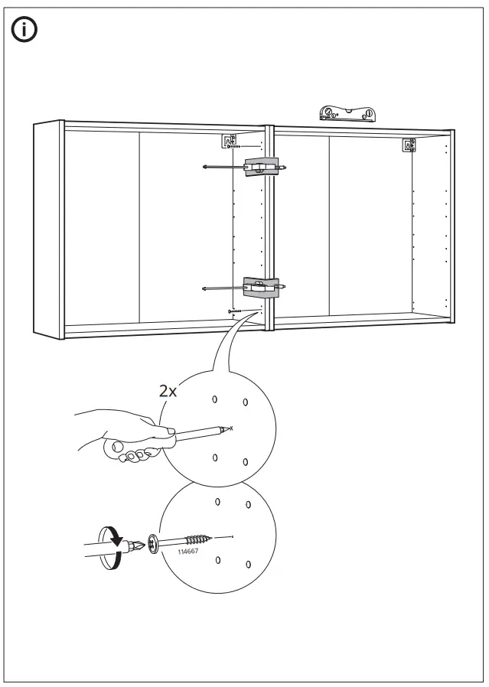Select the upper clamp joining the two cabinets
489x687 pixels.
pos(260,167)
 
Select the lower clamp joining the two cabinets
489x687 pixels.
pos(260,287)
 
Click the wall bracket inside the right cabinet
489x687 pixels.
pos(409,145)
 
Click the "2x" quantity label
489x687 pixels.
pos(168,391)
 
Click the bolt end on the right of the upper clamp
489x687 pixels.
pos(285,167)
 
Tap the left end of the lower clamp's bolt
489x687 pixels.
pos(206,288)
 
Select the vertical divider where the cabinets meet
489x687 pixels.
pos(269,226)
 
